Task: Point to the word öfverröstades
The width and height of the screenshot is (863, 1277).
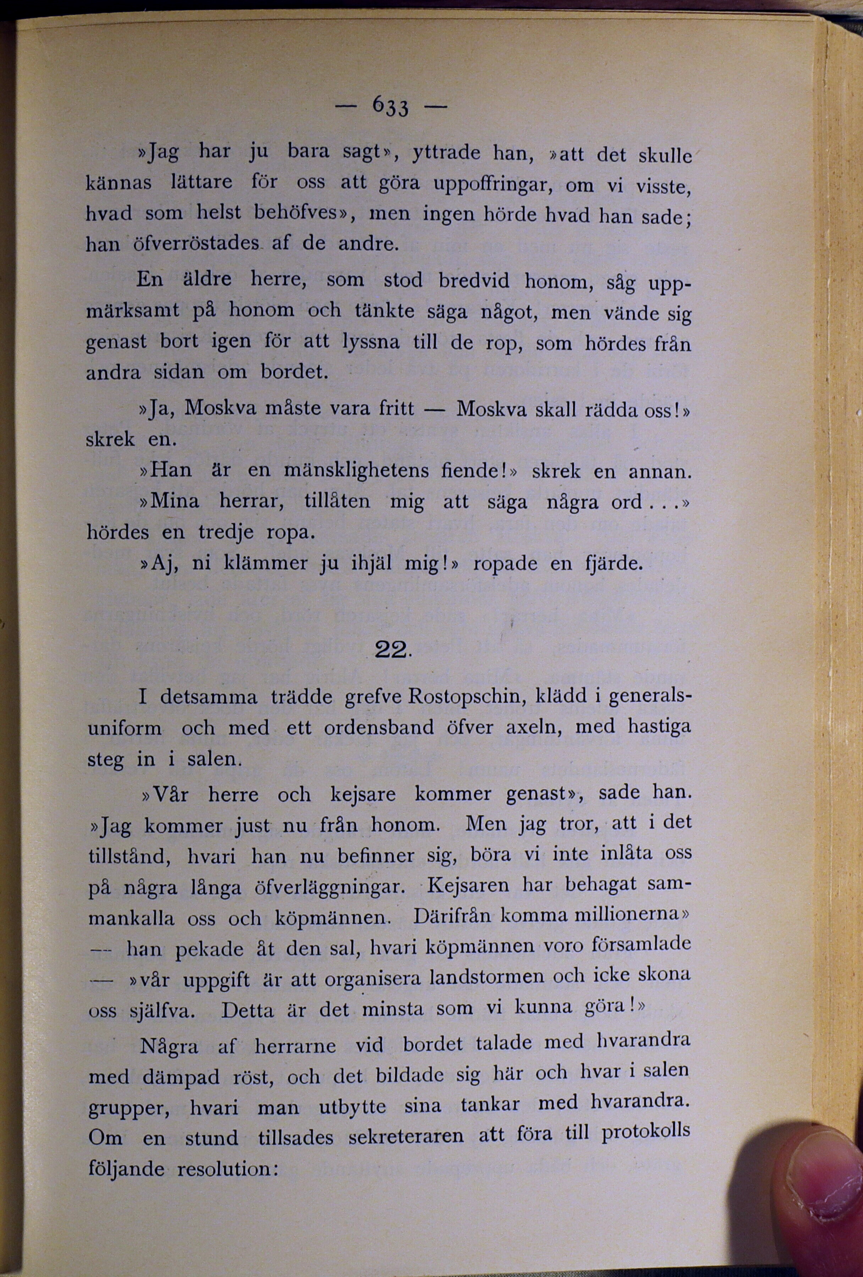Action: (196, 243)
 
